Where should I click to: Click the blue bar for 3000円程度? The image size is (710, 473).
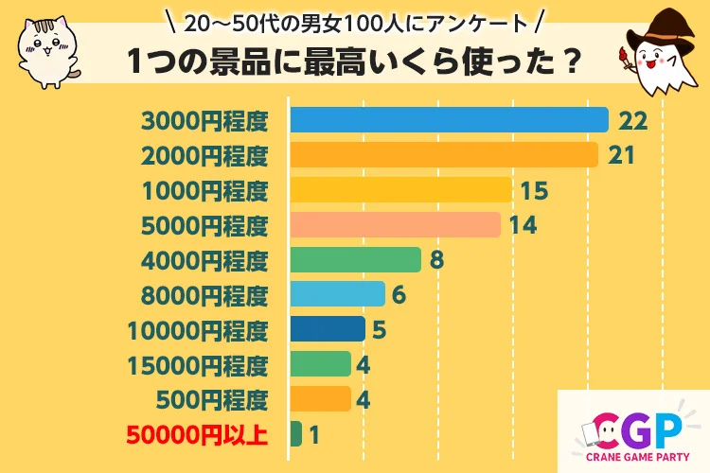pyautogui.click(x=449, y=120)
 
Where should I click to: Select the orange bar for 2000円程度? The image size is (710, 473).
pyautogui.click(x=444, y=155)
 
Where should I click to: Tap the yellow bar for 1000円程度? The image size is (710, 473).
pyautogui.click(x=401, y=190)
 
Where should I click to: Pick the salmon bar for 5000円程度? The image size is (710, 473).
pyautogui.click(x=395, y=225)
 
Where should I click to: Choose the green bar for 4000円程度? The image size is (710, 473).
pyautogui.click(x=355, y=260)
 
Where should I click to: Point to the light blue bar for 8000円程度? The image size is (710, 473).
pyautogui.click(x=337, y=295)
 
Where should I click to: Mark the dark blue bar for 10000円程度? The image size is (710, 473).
pyautogui.click(x=328, y=329)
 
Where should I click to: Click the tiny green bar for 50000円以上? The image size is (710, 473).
pyautogui.click(x=296, y=434)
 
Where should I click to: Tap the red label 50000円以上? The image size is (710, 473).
pyautogui.click(x=197, y=435)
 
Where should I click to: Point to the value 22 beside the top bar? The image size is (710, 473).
pyautogui.click(x=631, y=120)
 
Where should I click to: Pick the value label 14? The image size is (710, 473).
pyautogui.click(x=523, y=225)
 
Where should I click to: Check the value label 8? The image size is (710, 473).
pyautogui.click(x=435, y=260)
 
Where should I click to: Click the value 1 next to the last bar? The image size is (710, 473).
pyautogui.click(x=315, y=435)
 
